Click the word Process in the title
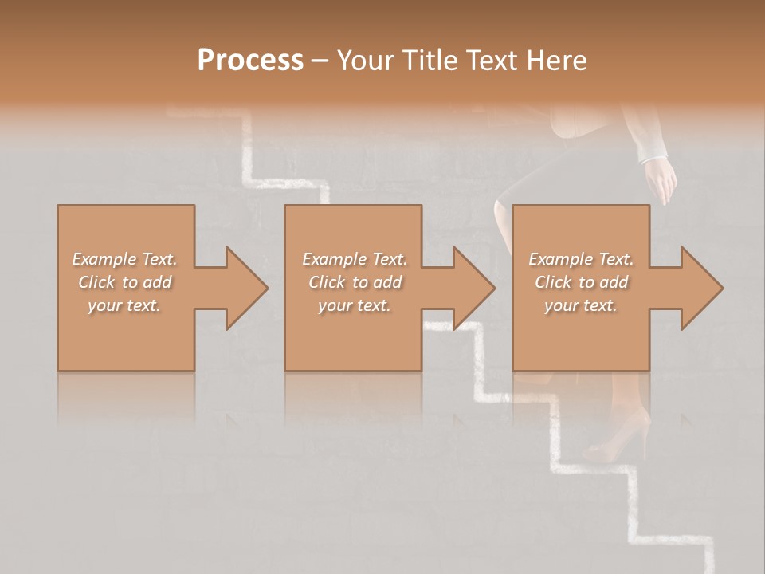coord(250,61)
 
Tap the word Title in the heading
coord(427,61)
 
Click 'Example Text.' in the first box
coord(124,259)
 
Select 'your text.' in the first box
coord(124,305)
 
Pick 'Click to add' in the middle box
coord(355,282)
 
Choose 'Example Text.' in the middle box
coord(355,259)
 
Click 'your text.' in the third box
coord(581,305)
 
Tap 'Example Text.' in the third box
coord(581,259)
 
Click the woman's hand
coord(661,180)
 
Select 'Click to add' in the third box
coord(581,282)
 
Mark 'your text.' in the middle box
coord(355,305)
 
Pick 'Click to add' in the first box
coord(124,282)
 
